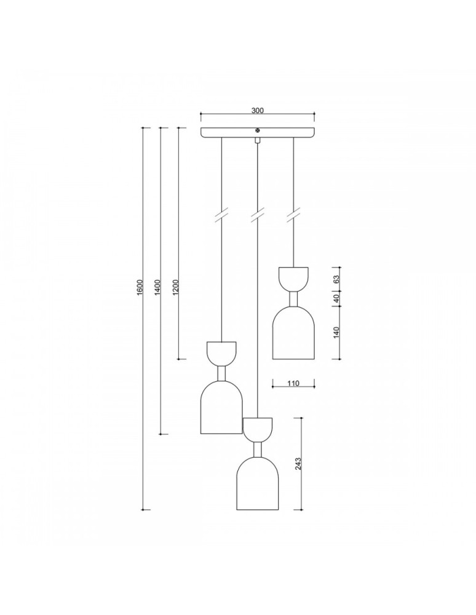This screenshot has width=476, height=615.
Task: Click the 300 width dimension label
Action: (x=257, y=111)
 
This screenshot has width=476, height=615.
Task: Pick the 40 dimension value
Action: (x=336, y=300)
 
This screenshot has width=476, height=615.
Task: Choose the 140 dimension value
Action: (x=336, y=333)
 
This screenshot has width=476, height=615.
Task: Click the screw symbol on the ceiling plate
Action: (x=258, y=130)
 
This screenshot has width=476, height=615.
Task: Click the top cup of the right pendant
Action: (x=293, y=278)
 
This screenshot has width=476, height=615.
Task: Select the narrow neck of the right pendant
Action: (x=293, y=300)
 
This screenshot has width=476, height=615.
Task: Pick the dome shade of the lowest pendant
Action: (x=258, y=486)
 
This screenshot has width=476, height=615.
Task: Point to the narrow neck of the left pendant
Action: (x=221, y=374)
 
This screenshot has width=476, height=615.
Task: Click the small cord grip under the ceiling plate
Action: (x=258, y=141)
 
